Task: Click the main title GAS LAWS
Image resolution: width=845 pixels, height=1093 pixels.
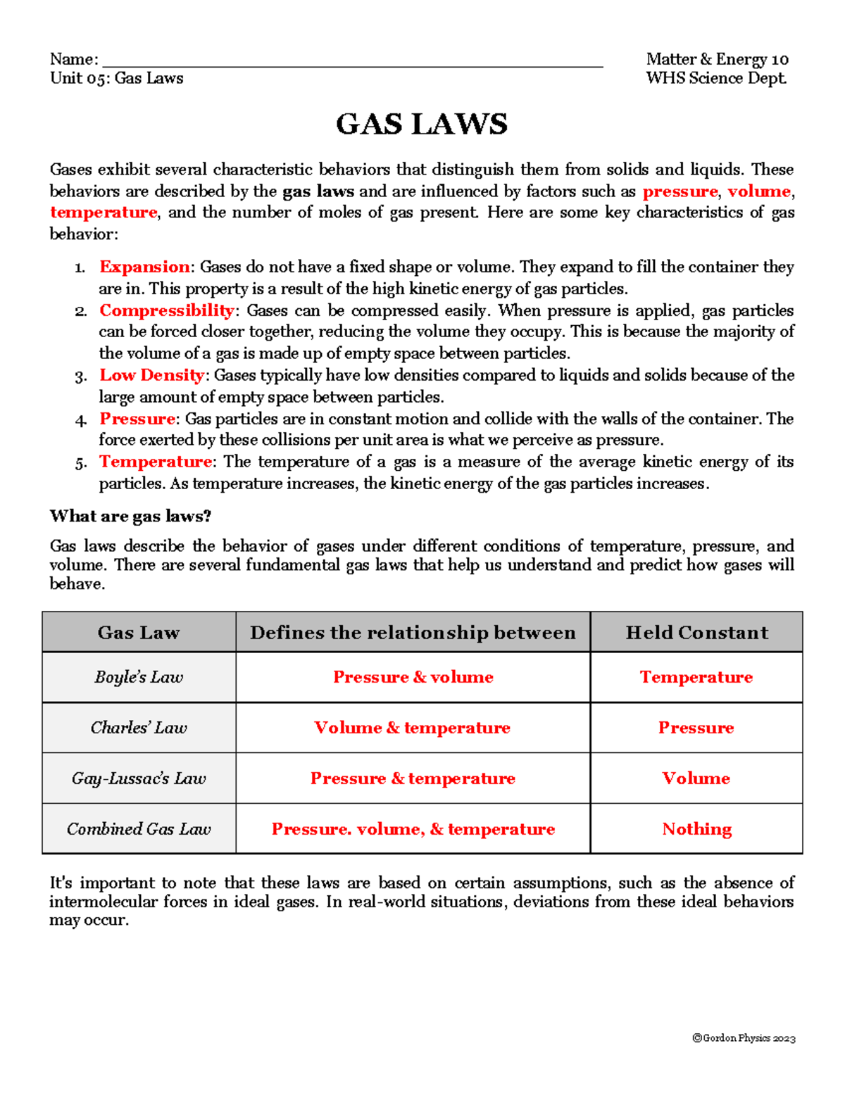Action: (421, 125)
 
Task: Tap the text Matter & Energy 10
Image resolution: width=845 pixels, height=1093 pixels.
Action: (717, 59)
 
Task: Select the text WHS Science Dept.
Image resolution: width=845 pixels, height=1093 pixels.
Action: (715, 78)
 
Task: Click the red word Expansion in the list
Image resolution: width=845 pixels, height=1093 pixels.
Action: (144, 267)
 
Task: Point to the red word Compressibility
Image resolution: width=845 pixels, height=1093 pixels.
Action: (166, 310)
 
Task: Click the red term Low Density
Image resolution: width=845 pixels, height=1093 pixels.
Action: (151, 375)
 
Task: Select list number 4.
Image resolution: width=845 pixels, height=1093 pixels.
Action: (80, 421)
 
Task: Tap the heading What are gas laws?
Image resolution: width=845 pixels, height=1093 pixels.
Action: (130, 516)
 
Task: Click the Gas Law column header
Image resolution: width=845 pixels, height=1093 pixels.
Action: (139, 633)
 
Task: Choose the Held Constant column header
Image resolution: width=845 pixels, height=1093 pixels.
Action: (696, 633)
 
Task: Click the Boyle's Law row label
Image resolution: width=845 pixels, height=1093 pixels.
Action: (139, 677)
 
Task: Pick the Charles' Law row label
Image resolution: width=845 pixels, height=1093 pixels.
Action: (139, 728)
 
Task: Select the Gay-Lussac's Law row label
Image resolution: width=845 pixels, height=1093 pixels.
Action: (139, 778)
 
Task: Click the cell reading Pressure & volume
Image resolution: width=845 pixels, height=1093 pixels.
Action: (413, 677)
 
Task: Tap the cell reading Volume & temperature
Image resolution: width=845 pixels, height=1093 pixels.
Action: (413, 728)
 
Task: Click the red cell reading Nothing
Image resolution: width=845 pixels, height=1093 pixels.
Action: (696, 829)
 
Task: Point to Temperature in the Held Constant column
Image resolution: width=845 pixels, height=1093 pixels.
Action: (696, 677)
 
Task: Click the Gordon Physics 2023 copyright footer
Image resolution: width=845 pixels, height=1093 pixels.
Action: (744, 1038)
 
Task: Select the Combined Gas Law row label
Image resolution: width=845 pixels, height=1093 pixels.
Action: (139, 829)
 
